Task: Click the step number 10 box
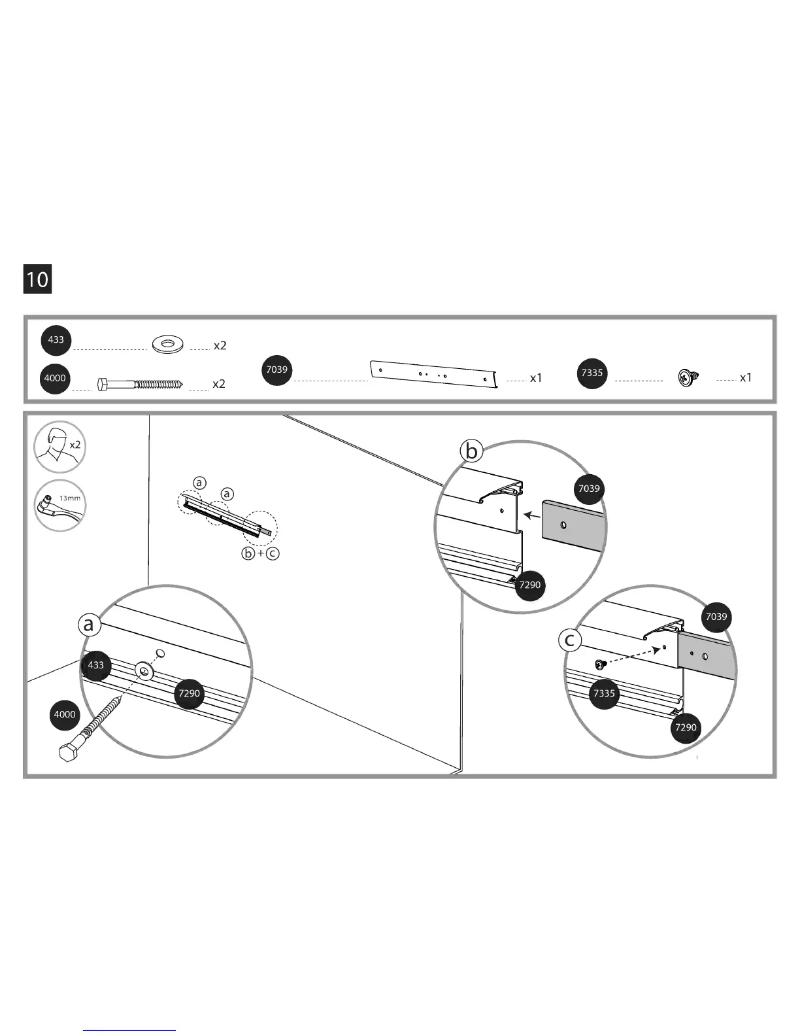(x=37, y=279)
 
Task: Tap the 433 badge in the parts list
(x=56, y=339)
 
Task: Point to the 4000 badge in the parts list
(x=55, y=378)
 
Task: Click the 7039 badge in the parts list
(x=276, y=370)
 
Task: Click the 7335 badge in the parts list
(x=592, y=373)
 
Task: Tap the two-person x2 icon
(x=59, y=447)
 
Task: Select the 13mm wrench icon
(x=59, y=506)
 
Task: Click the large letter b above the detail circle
(x=471, y=451)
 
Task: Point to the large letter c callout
(x=570, y=640)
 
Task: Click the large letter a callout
(x=88, y=625)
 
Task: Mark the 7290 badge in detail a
(x=189, y=693)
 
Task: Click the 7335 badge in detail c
(x=604, y=693)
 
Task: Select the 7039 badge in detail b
(x=589, y=489)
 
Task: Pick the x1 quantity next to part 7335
(x=746, y=378)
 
